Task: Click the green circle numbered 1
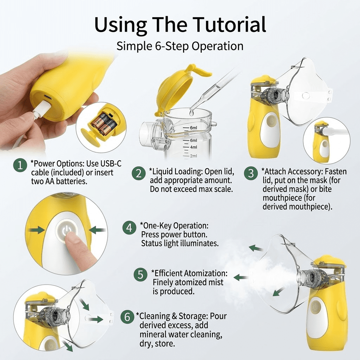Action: click(x=20, y=165)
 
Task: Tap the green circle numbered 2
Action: click(x=139, y=173)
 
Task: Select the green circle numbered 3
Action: click(x=251, y=173)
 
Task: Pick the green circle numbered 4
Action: click(x=129, y=227)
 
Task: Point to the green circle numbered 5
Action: click(x=141, y=275)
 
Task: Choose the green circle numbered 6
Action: click(x=127, y=317)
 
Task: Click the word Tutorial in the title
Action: click(x=229, y=24)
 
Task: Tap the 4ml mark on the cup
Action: click(x=193, y=147)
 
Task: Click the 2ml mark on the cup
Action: click(x=193, y=156)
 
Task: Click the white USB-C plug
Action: click(x=41, y=109)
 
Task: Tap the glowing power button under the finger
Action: click(x=66, y=231)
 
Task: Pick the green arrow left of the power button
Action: click(x=36, y=230)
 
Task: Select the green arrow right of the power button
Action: click(x=97, y=230)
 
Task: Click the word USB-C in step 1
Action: click(x=111, y=163)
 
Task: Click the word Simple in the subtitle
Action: click(x=134, y=46)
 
